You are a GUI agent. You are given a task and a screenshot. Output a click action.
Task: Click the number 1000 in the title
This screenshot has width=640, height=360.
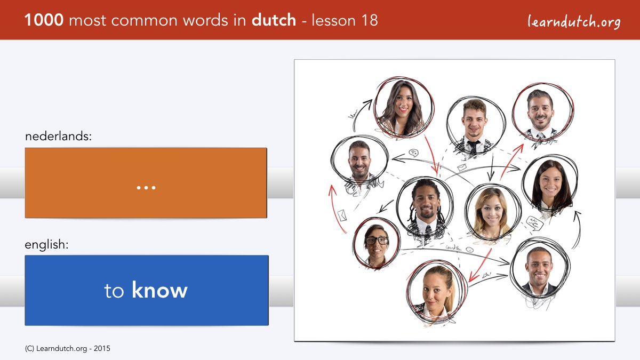[44, 20]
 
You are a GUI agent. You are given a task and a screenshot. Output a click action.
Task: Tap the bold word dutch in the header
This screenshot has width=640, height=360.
[274, 20]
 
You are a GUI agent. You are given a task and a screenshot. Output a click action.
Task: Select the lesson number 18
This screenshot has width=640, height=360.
[370, 20]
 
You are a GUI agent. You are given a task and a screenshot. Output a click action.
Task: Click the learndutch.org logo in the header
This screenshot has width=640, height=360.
[574, 21]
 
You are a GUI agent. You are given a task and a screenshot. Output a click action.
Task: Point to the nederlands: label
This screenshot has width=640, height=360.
[58, 136]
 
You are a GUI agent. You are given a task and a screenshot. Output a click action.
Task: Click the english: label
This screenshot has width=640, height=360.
[46, 245]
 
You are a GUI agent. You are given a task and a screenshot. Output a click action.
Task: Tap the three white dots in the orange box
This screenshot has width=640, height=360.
[146, 188]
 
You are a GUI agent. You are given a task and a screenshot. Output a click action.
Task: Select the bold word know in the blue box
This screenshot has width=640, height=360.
[159, 290]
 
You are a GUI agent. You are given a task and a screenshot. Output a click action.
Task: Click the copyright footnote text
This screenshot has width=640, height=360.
[67, 348]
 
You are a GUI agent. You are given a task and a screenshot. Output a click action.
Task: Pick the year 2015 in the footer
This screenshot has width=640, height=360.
[102, 348]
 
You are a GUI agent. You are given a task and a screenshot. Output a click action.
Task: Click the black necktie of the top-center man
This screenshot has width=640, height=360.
[473, 146]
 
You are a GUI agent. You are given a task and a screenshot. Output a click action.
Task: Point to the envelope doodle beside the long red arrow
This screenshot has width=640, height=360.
[342, 215]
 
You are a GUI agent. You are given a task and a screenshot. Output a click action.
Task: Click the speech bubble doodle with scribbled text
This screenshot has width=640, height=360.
[534, 223]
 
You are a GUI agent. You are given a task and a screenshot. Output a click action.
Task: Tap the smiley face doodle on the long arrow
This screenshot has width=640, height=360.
[470, 250]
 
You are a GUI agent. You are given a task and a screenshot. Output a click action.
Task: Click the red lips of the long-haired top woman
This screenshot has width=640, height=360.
[403, 109]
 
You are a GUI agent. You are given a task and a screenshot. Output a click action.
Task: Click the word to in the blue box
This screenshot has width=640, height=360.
[114, 291]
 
